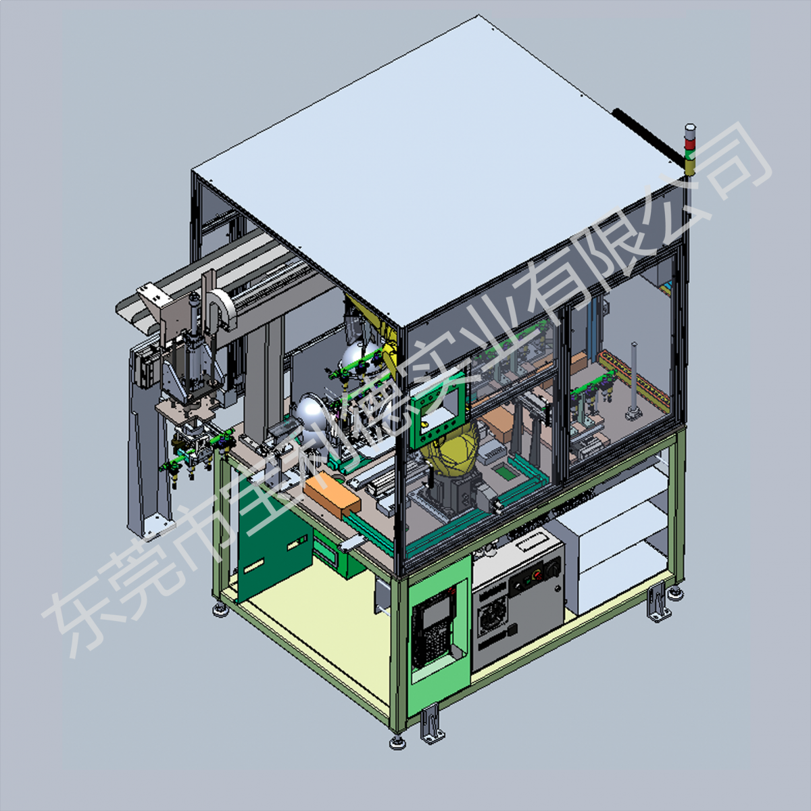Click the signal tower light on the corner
pos(690,149)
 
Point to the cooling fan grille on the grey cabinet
pos(491,613)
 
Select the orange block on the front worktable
pos(332,493)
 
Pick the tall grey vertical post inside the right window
pos(633,379)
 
